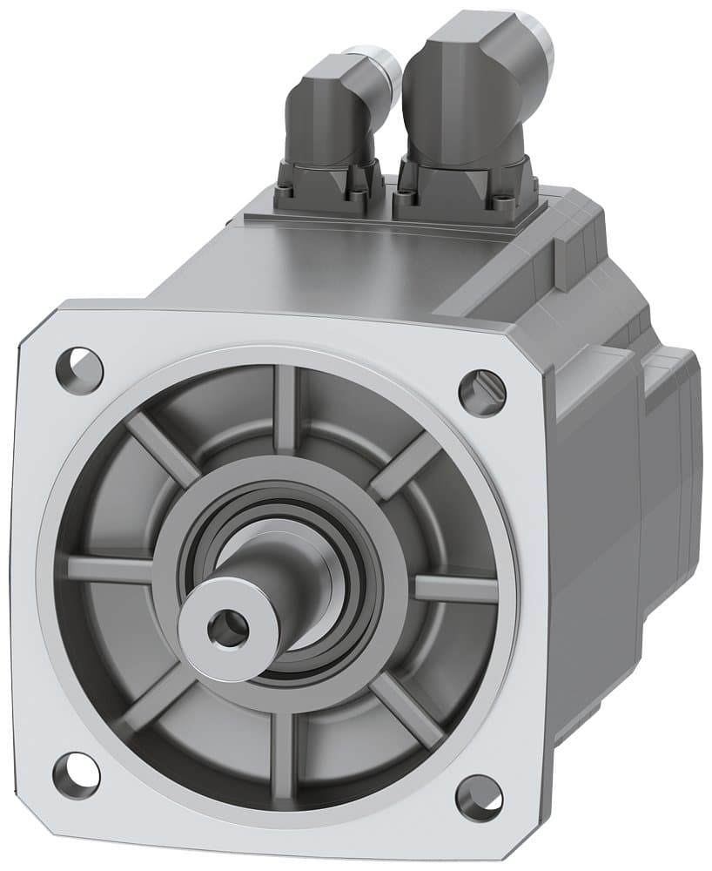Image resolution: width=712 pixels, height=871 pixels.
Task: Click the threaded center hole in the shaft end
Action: tap(229, 628)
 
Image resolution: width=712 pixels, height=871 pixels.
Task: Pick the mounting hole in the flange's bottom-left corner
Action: tap(76, 773)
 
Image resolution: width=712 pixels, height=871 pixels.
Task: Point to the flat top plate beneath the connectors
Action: tap(366, 253)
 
